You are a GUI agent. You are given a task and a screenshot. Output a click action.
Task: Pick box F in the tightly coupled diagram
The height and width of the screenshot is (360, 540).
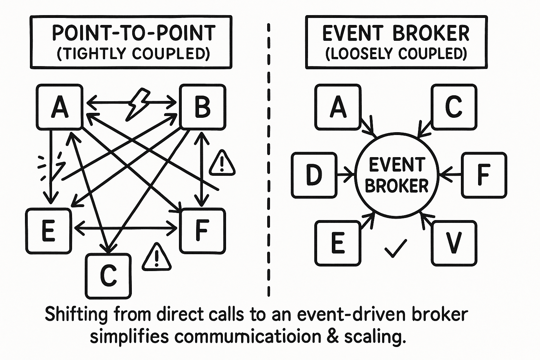[202, 231]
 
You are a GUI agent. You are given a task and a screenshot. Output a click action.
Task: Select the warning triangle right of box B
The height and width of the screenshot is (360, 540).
[222, 163]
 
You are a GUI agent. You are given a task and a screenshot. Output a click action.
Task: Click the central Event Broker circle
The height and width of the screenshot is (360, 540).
[397, 175]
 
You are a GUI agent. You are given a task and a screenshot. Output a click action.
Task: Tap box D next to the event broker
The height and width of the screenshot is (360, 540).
[314, 175]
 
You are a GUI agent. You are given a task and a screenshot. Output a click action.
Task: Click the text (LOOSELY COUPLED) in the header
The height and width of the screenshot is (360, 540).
[396, 54]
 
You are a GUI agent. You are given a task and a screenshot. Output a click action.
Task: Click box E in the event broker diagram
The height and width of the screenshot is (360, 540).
[338, 243]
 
